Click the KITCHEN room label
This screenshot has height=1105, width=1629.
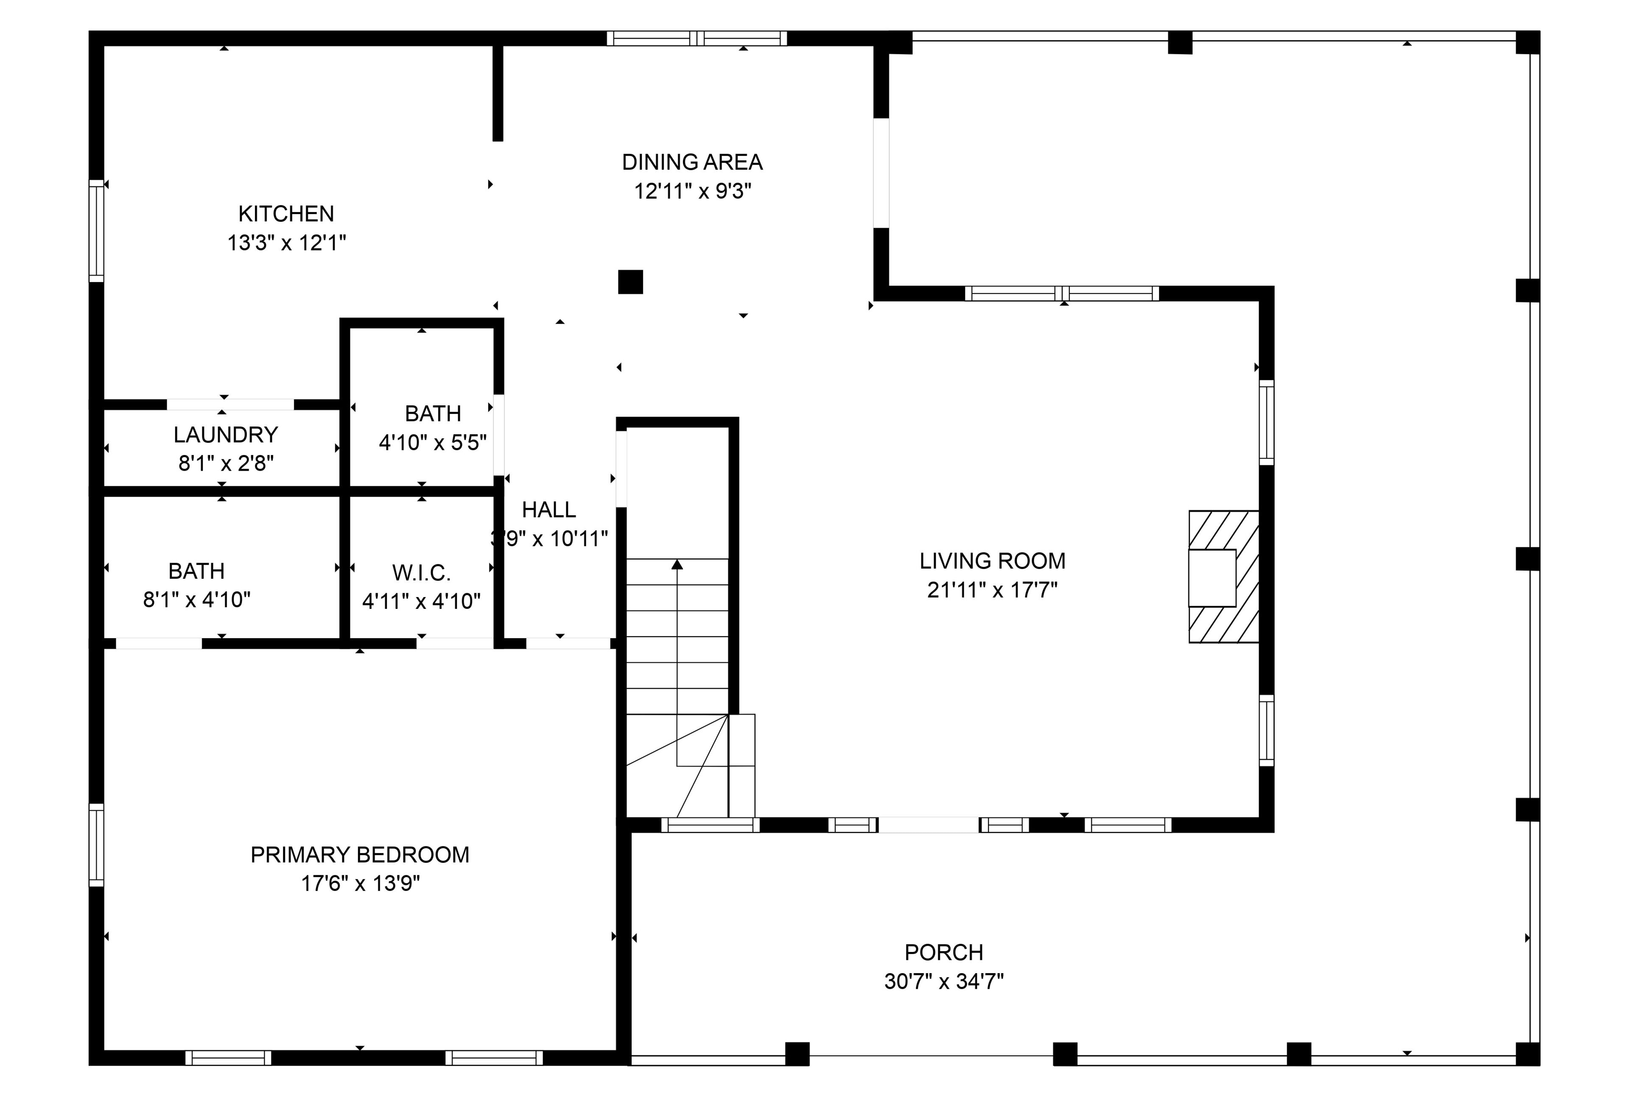(x=286, y=214)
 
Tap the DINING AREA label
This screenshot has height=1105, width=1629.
(x=692, y=162)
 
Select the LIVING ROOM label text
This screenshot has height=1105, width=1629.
(x=993, y=561)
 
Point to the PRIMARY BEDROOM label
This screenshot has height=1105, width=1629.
(x=360, y=855)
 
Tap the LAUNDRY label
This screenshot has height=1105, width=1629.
(x=226, y=435)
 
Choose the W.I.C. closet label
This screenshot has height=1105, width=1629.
(x=421, y=573)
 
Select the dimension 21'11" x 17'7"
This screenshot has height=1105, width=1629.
(x=993, y=590)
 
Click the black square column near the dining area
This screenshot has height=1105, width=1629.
(x=630, y=282)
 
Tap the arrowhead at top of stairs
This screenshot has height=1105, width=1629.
(x=677, y=564)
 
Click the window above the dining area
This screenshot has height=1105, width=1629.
(x=697, y=39)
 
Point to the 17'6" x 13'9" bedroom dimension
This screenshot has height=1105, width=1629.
(x=360, y=884)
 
